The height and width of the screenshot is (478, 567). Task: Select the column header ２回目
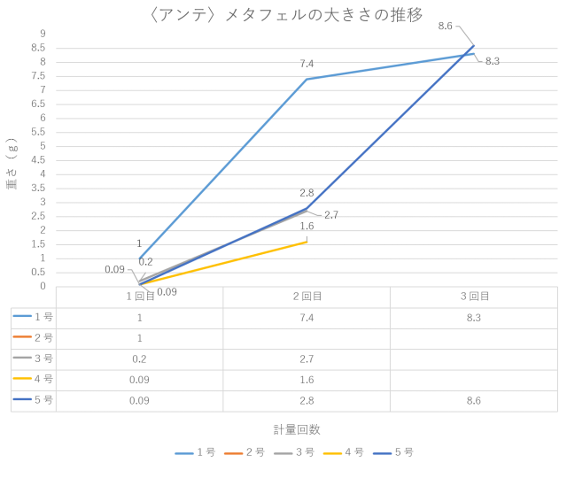[x=307, y=297]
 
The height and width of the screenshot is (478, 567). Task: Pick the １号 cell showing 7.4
[x=307, y=317]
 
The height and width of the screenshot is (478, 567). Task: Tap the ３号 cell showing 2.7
[x=307, y=358]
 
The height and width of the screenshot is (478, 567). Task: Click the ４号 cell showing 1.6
[x=307, y=380]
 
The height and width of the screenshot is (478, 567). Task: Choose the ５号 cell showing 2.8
[x=307, y=400]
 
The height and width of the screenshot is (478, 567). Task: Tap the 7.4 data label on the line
[x=307, y=64]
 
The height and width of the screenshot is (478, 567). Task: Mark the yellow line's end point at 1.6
[x=307, y=241]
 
